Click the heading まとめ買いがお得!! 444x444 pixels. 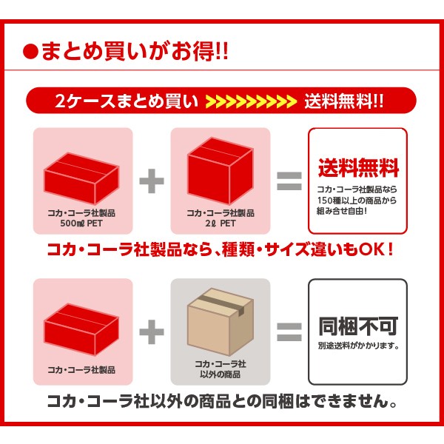[134, 53]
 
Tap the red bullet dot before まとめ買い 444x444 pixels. [30, 53]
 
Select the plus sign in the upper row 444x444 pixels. [152, 181]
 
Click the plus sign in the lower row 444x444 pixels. [152, 332]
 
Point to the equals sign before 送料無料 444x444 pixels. [289, 181]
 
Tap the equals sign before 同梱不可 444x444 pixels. [289, 332]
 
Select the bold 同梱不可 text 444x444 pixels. [358, 326]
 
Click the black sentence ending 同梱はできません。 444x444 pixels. [222, 403]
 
